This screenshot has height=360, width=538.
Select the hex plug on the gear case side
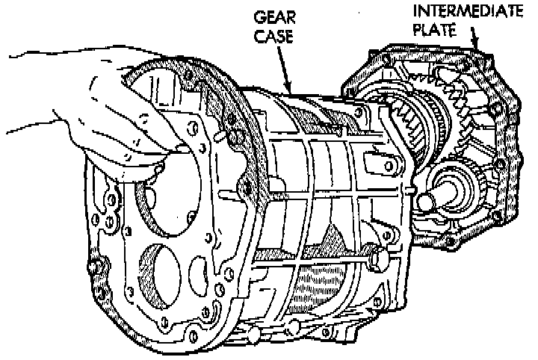click(378, 258)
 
